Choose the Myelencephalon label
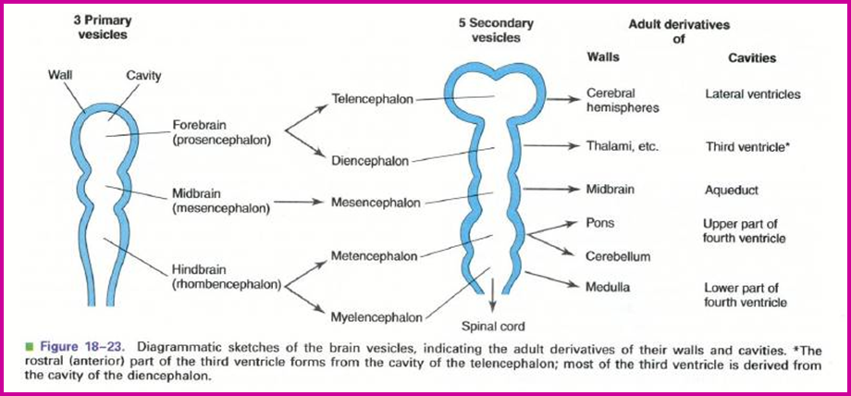coord(374,316)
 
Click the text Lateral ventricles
coord(752,93)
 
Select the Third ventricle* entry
coord(750,146)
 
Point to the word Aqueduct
coord(732,190)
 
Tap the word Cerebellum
coord(618,256)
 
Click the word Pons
coord(600,223)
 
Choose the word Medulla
coord(608,287)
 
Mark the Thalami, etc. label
coord(622,146)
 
